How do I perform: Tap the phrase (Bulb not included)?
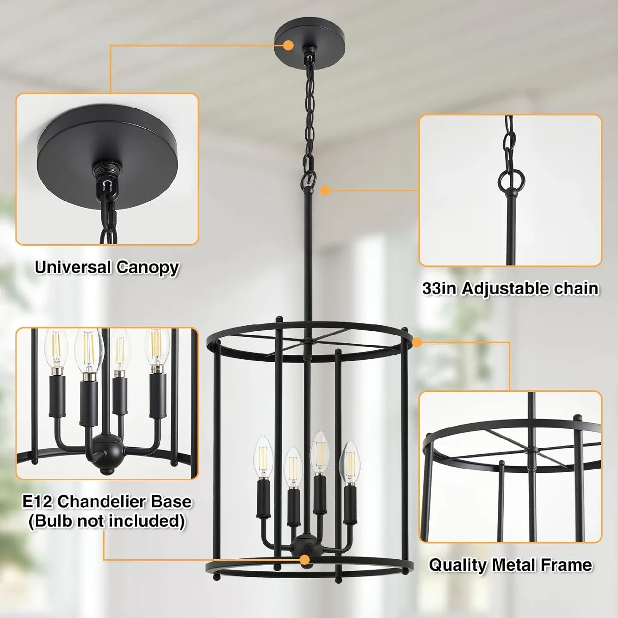107,521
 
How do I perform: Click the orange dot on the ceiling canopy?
288,44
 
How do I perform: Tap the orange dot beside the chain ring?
325,190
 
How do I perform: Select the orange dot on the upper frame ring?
416,342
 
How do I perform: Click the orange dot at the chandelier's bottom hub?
305,560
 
